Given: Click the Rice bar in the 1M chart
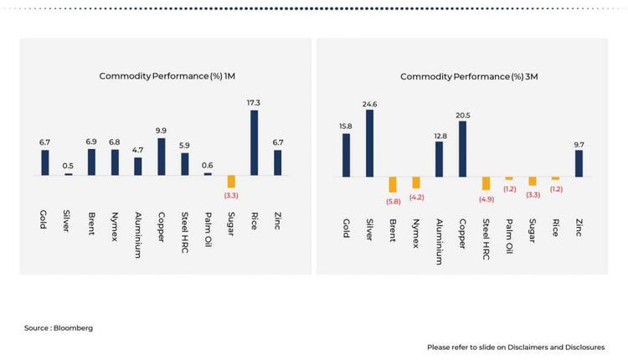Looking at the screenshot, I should [254, 143].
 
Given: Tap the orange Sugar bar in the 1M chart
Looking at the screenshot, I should [231, 182].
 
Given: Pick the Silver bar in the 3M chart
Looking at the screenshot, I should [369, 143].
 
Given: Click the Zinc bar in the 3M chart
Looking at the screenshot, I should [578, 163].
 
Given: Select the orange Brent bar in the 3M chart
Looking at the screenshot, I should [392, 185].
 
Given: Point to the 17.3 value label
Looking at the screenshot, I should [254, 102].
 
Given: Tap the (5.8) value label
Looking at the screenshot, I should [392, 201].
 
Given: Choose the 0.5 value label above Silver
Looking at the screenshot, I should [69, 166].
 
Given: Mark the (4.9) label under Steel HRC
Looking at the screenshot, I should [486, 198].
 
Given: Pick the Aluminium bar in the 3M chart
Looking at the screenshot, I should [439, 159].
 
